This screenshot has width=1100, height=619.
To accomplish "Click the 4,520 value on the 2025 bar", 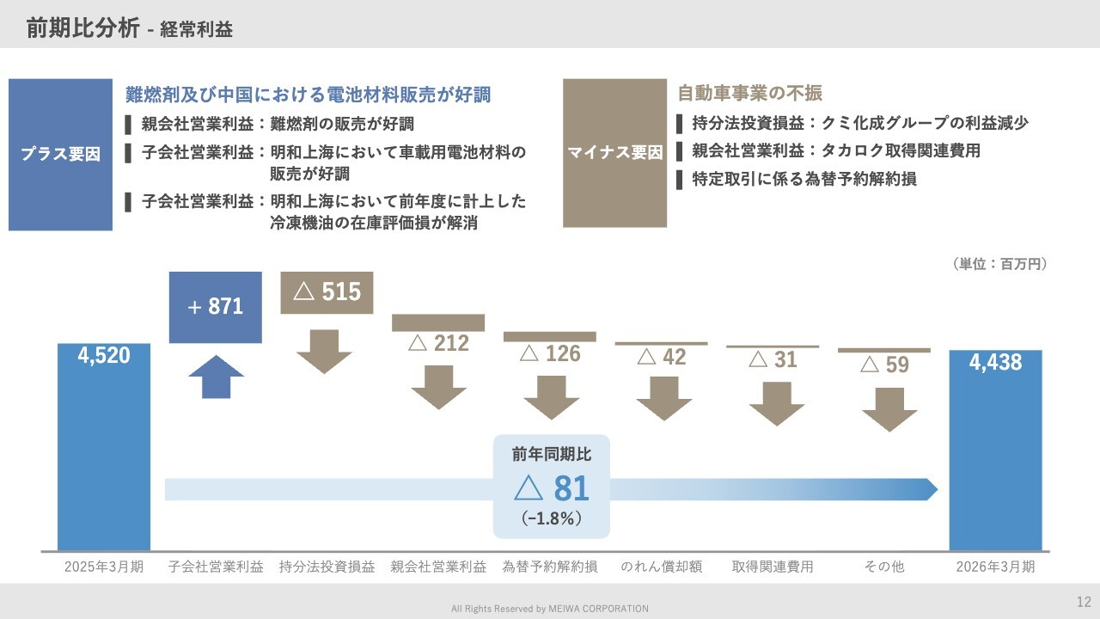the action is point(104,356).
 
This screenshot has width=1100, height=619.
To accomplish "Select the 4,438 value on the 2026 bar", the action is point(995,363).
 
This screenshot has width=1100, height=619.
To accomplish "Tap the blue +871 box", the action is point(216,308).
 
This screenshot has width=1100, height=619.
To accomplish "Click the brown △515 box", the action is point(327,293).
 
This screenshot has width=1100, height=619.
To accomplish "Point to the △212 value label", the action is point(438,343).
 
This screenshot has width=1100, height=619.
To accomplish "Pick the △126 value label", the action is point(550,353).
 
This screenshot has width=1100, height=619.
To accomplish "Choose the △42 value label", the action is point(662,357).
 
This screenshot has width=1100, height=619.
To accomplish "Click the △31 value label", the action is point(773,359).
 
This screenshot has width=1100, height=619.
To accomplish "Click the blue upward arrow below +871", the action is point(216,377).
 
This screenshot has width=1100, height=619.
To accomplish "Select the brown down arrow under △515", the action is point(324,352).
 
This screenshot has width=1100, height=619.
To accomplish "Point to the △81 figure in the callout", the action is point(552,488).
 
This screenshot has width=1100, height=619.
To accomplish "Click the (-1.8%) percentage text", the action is point(552,518).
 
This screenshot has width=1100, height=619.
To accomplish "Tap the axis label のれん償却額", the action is point(662,567).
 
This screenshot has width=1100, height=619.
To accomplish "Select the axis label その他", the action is point(884,567).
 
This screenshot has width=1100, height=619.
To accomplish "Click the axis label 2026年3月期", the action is point(995,567).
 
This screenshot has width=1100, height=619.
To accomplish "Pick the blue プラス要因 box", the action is point(60,155).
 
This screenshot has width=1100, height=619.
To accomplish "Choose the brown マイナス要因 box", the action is point(614,153).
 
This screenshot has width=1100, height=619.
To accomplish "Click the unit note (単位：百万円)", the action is point(999,264).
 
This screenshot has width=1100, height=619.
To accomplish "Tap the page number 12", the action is point(1084,602).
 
